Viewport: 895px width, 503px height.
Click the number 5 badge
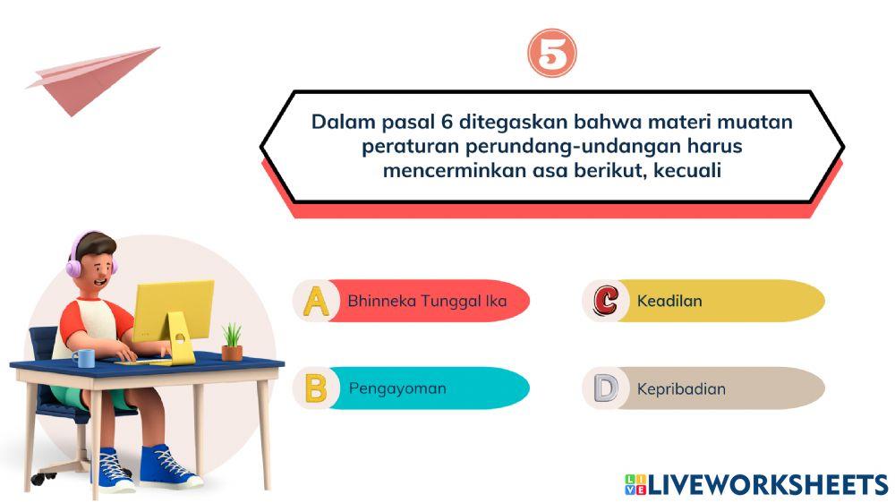[x=551, y=55]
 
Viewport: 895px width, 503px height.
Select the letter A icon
[x=315, y=301]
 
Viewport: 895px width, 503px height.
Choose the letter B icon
[x=315, y=388]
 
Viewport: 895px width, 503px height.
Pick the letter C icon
[x=605, y=301]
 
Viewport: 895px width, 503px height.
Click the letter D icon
[x=605, y=388]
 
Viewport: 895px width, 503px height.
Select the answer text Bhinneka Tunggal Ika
[x=427, y=301]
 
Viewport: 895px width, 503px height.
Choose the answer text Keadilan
[x=669, y=301]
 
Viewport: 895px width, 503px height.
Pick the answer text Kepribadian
[x=681, y=388]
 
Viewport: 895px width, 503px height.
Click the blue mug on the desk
[x=83, y=358]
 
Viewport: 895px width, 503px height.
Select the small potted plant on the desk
[x=232, y=342]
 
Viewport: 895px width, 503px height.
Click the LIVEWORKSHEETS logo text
[x=766, y=484]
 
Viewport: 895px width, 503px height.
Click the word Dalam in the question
[x=339, y=121]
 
